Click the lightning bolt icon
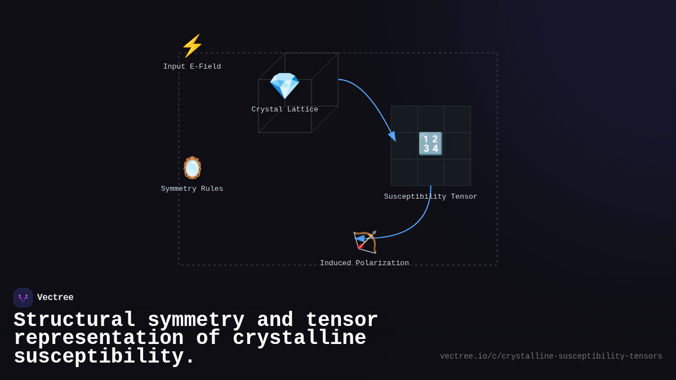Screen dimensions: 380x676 192,46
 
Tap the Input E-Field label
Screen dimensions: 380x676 192,66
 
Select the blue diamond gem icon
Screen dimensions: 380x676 284,86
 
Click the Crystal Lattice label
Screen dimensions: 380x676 285,109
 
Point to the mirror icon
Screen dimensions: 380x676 192,168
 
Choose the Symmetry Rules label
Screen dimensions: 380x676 192,189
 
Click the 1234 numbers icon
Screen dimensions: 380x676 430,144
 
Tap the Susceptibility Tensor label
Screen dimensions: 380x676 430,196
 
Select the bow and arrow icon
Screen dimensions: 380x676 365,242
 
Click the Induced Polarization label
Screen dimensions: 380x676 364,263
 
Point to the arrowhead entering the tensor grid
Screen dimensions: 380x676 392,136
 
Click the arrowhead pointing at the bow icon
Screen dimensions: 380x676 359,239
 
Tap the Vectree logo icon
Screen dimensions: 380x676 23,298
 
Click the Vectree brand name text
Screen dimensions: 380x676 55,297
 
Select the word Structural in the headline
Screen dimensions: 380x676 74,320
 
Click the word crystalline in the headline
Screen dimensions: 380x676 299,338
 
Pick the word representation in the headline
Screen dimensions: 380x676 99,338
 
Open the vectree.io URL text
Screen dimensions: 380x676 551,356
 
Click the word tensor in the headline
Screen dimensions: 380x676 342,320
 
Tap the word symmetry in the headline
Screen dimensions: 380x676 196,320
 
